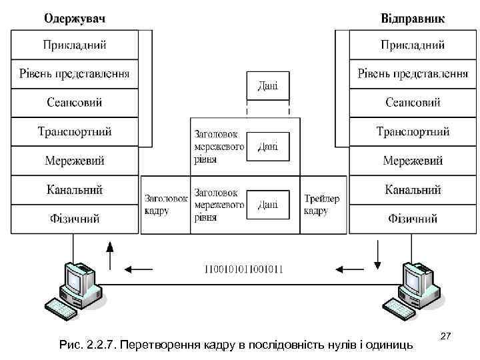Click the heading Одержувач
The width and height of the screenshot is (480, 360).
click(x=75, y=17)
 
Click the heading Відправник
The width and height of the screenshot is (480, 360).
click(x=413, y=17)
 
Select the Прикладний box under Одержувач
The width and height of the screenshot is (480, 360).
click(x=75, y=45)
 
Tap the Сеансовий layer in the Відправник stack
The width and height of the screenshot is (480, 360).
click(x=413, y=103)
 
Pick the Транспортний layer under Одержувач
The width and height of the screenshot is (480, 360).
click(x=75, y=131)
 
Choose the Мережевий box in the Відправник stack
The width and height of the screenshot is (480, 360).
click(x=413, y=161)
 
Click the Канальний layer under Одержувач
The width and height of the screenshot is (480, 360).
click(x=75, y=189)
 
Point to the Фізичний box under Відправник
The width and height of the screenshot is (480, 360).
click(x=413, y=218)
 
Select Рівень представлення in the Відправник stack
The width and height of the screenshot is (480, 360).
click(x=413, y=73)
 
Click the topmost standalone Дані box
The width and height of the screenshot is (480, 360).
click(x=268, y=86)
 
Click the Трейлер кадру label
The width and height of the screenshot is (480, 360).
click(x=322, y=205)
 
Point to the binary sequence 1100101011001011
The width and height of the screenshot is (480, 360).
click(x=244, y=269)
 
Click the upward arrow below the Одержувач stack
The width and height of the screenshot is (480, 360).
click(x=111, y=254)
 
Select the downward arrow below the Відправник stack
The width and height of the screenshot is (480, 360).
click(x=378, y=254)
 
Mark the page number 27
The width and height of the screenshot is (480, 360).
click(x=446, y=339)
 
